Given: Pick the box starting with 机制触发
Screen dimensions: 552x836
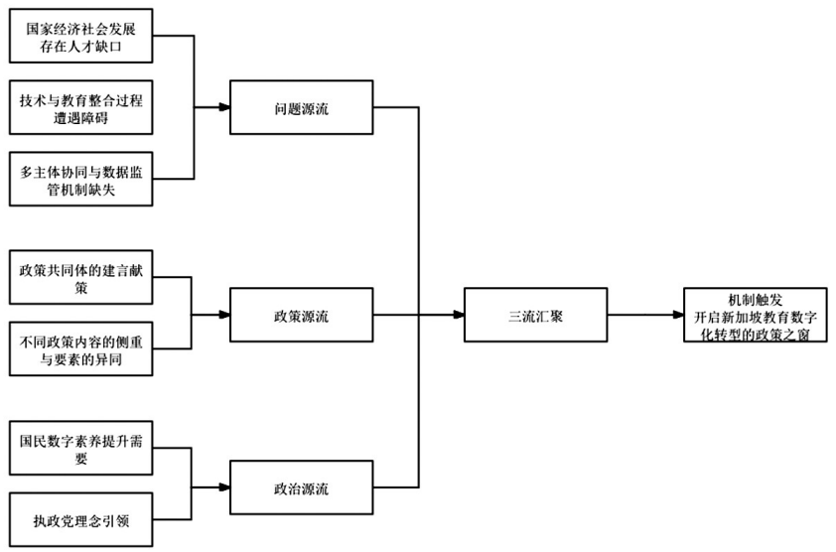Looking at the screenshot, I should tap(755, 316).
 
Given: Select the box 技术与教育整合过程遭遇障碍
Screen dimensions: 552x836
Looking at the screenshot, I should tap(80, 108).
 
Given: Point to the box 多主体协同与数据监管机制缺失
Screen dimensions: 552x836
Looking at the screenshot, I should tap(80, 180).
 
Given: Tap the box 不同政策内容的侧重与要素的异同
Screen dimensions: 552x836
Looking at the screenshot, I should tap(80, 349).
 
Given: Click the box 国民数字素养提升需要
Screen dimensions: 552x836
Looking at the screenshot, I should tap(80, 448).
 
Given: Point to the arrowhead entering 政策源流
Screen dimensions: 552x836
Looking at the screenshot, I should tap(223, 316).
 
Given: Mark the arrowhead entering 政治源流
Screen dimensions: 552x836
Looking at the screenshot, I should tap(223, 487).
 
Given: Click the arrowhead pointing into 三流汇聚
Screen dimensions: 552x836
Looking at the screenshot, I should tap(459, 316).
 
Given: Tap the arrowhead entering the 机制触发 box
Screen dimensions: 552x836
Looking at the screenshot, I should tap(678, 316).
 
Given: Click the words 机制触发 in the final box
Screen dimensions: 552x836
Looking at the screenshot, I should tap(755, 299).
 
